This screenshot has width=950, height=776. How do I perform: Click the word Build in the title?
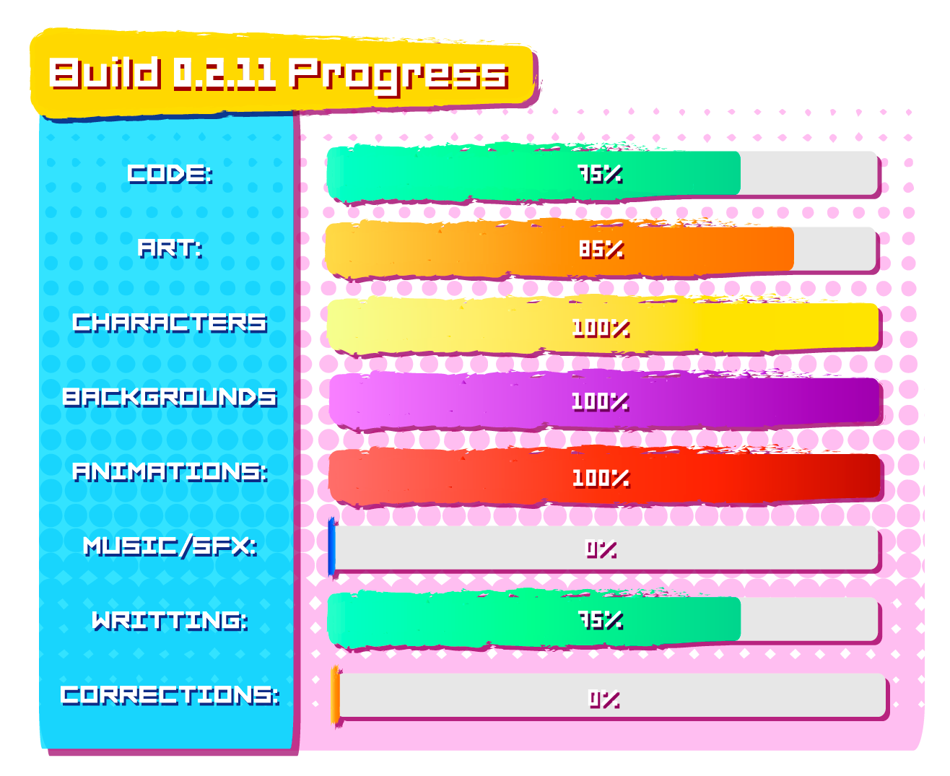pyautogui.click(x=105, y=74)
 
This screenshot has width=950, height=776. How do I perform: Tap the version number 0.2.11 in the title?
pyautogui.click(x=224, y=74)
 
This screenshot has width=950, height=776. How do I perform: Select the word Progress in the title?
pyautogui.click(x=398, y=77)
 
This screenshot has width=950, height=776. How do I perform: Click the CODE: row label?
pyautogui.click(x=170, y=173)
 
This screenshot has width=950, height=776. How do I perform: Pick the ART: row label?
pyautogui.click(x=170, y=248)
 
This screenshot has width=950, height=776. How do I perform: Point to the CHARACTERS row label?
pyautogui.click(x=170, y=323)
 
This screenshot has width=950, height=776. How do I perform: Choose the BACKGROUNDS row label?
pyautogui.click(x=170, y=397)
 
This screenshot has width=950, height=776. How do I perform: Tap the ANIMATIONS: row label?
pyautogui.click(x=170, y=471)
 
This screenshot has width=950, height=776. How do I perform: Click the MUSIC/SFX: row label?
pyautogui.click(x=170, y=546)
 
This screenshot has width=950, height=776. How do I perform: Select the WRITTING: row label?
pyautogui.click(x=170, y=620)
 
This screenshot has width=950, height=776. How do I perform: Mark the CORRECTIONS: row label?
pyautogui.click(x=170, y=695)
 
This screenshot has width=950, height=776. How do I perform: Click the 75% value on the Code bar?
pyautogui.click(x=600, y=174)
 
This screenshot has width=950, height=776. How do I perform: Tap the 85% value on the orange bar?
pyautogui.click(x=601, y=249)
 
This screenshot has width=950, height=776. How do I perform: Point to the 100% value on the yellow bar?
pyautogui.click(x=601, y=328)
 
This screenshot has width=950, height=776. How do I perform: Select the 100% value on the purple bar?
pyautogui.click(x=600, y=401)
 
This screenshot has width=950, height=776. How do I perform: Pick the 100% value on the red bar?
pyautogui.click(x=601, y=478)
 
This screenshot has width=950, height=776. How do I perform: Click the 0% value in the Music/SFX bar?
pyautogui.click(x=601, y=549)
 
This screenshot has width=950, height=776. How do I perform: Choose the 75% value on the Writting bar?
pyautogui.click(x=601, y=620)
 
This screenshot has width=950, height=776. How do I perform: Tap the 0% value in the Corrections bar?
pyautogui.click(x=604, y=699)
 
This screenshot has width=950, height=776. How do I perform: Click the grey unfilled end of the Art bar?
pyautogui.click(x=834, y=248)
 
